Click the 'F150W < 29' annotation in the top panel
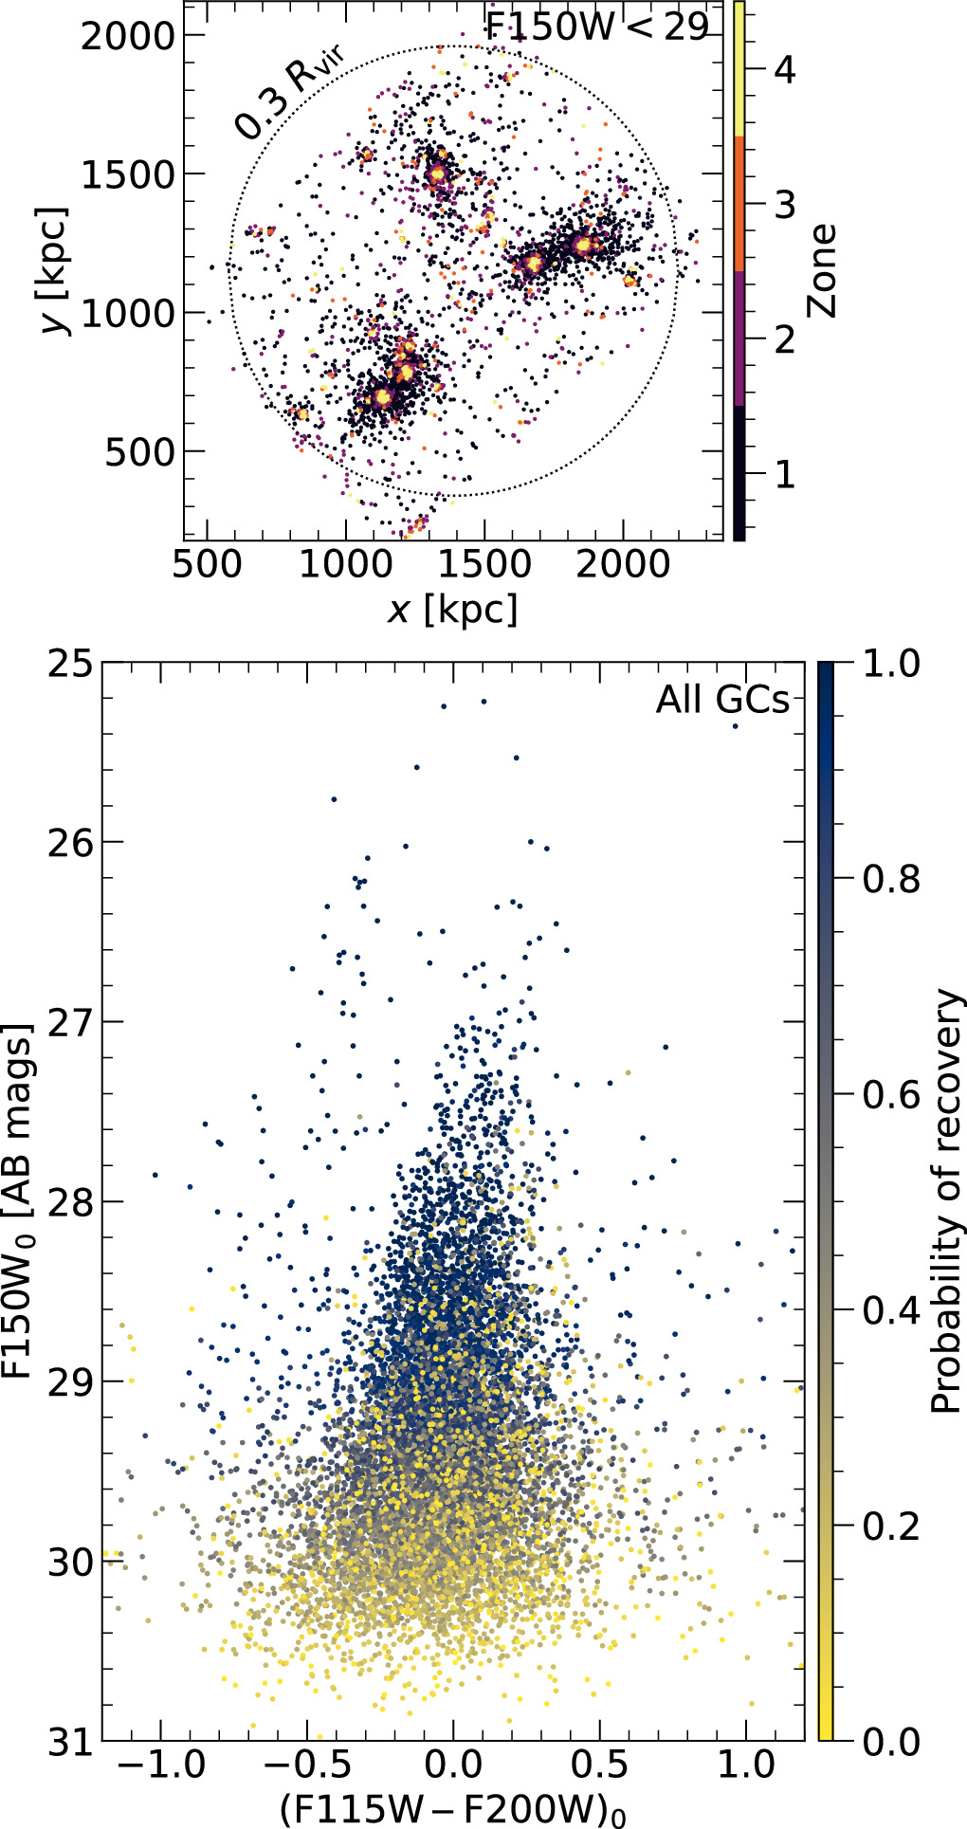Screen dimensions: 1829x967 pyautogui.click(x=596, y=27)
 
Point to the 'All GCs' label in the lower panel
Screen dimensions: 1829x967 pyautogui.click(x=722, y=700)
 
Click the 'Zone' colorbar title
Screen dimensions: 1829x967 pyautogui.click(x=823, y=270)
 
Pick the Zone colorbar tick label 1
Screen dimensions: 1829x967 pyautogui.click(x=784, y=473)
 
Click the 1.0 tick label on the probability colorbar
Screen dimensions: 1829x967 pyautogui.click(x=891, y=664)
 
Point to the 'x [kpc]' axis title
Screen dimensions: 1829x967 pyautogui.click(x=452, y=610)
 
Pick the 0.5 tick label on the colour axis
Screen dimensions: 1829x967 pyautogui.click(x=599, y=1768)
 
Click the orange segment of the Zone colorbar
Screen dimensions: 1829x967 pyautogui.click(x=739, y=204)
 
